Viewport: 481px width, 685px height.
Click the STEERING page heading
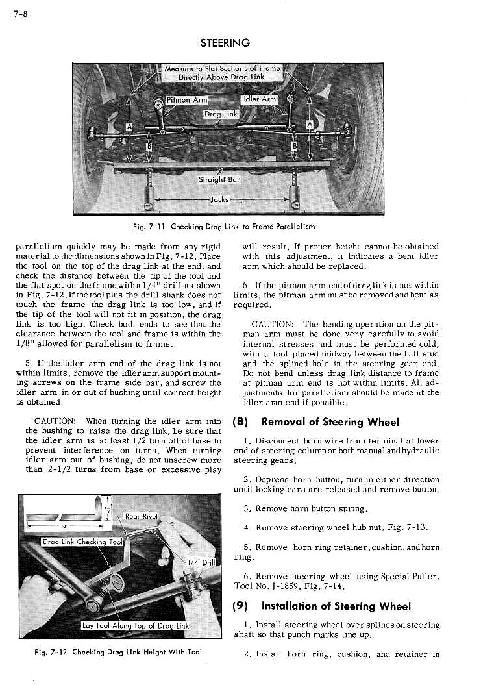225,43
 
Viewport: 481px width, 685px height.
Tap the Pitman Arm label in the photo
186,100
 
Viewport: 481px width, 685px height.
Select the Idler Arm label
260,99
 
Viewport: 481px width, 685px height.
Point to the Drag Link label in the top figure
221,114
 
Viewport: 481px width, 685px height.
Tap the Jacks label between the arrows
218,199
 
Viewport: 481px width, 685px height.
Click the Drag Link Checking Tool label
83,542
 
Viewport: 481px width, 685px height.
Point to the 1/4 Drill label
201,562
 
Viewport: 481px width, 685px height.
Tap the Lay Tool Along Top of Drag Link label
135,626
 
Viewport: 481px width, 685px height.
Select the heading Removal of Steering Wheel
329,422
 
